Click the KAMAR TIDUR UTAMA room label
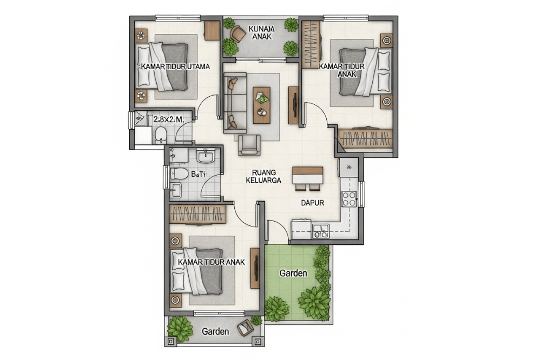(x=174, y=66)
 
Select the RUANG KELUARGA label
(x=263, y=177)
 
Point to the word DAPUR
(x=312, y=203)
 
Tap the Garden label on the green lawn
(x=293, y=273)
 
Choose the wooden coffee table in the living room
(x=262, y=105)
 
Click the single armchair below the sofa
(x=249, y=145)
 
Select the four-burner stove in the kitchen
(x=349, y=199)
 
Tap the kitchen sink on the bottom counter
(x=320, y=231)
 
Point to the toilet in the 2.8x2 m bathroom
(x=160, y=135)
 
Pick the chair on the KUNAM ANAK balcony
(x=237, y=34)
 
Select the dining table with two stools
(x=307, y=176)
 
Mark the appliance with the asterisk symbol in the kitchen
(x=349, y=167)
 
